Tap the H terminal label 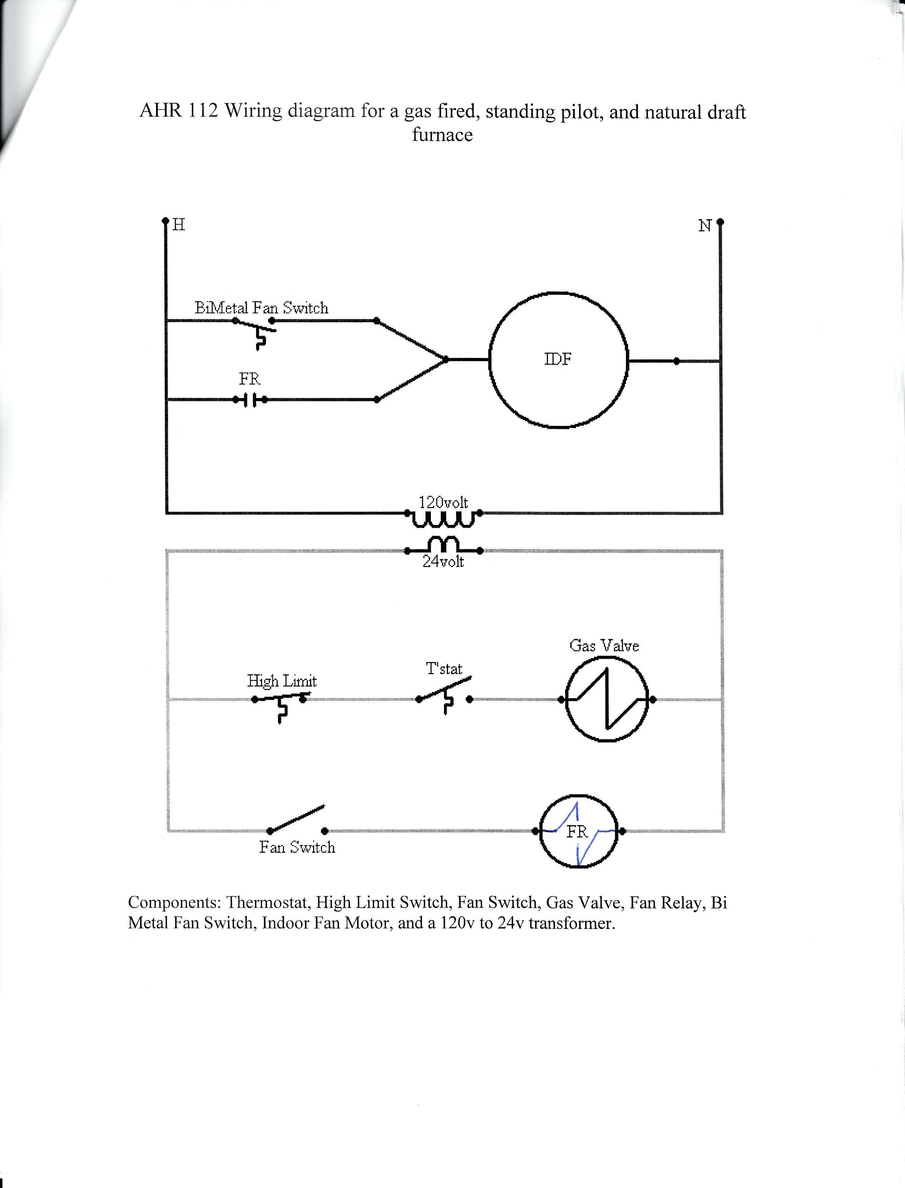coord(179,225)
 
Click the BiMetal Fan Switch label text coord(261,308)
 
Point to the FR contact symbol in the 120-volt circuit coord(250,400)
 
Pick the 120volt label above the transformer coord(443,502)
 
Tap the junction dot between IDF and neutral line coord(677,361)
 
